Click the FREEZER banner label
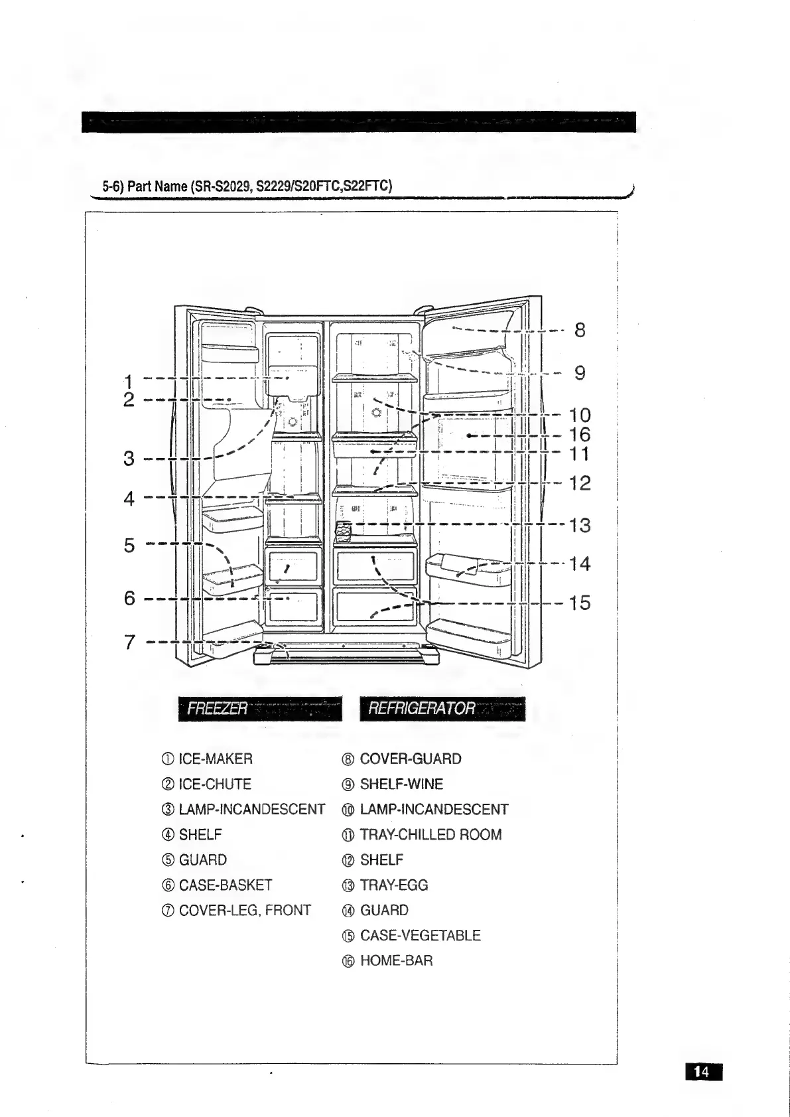(218, 709)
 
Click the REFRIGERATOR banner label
(422, 709)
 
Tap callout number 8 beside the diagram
(580, 330)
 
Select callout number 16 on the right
(580, 435)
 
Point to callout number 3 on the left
(129, 459)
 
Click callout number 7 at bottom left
(129, 642)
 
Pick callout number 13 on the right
(580, 526)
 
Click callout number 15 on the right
(580, 603)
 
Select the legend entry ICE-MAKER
(215, 759)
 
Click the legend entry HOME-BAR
(395, 960)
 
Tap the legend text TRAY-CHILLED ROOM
(430, 834)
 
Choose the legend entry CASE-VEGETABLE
(419, 935)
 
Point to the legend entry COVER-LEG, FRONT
(244, 910)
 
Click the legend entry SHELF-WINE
(401, 784)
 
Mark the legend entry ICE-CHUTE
(214, 784)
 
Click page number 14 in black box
(702, 1071)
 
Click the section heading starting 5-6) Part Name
(247, 186)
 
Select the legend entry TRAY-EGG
(393, 885)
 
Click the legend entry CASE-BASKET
(225, 885)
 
